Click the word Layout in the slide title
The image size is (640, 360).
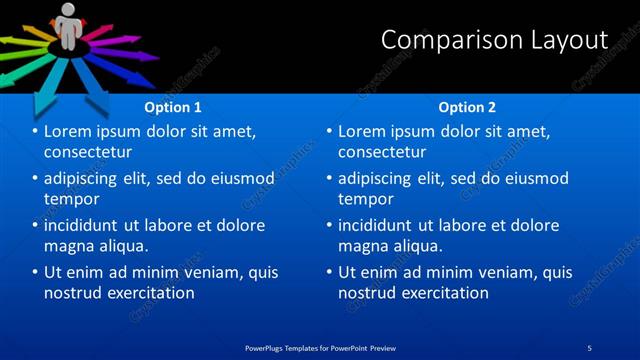coord(571,40)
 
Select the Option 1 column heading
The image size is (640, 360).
coord(173,107)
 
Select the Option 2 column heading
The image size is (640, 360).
coord(467,107)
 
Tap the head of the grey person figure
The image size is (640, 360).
coord(68,10)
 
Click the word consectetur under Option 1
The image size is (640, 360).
coord(88,152)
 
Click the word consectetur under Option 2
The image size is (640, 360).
coord(382,152)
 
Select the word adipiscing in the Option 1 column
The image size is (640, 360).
coord(84,179)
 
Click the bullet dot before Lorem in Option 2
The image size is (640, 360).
coord(330,132)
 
